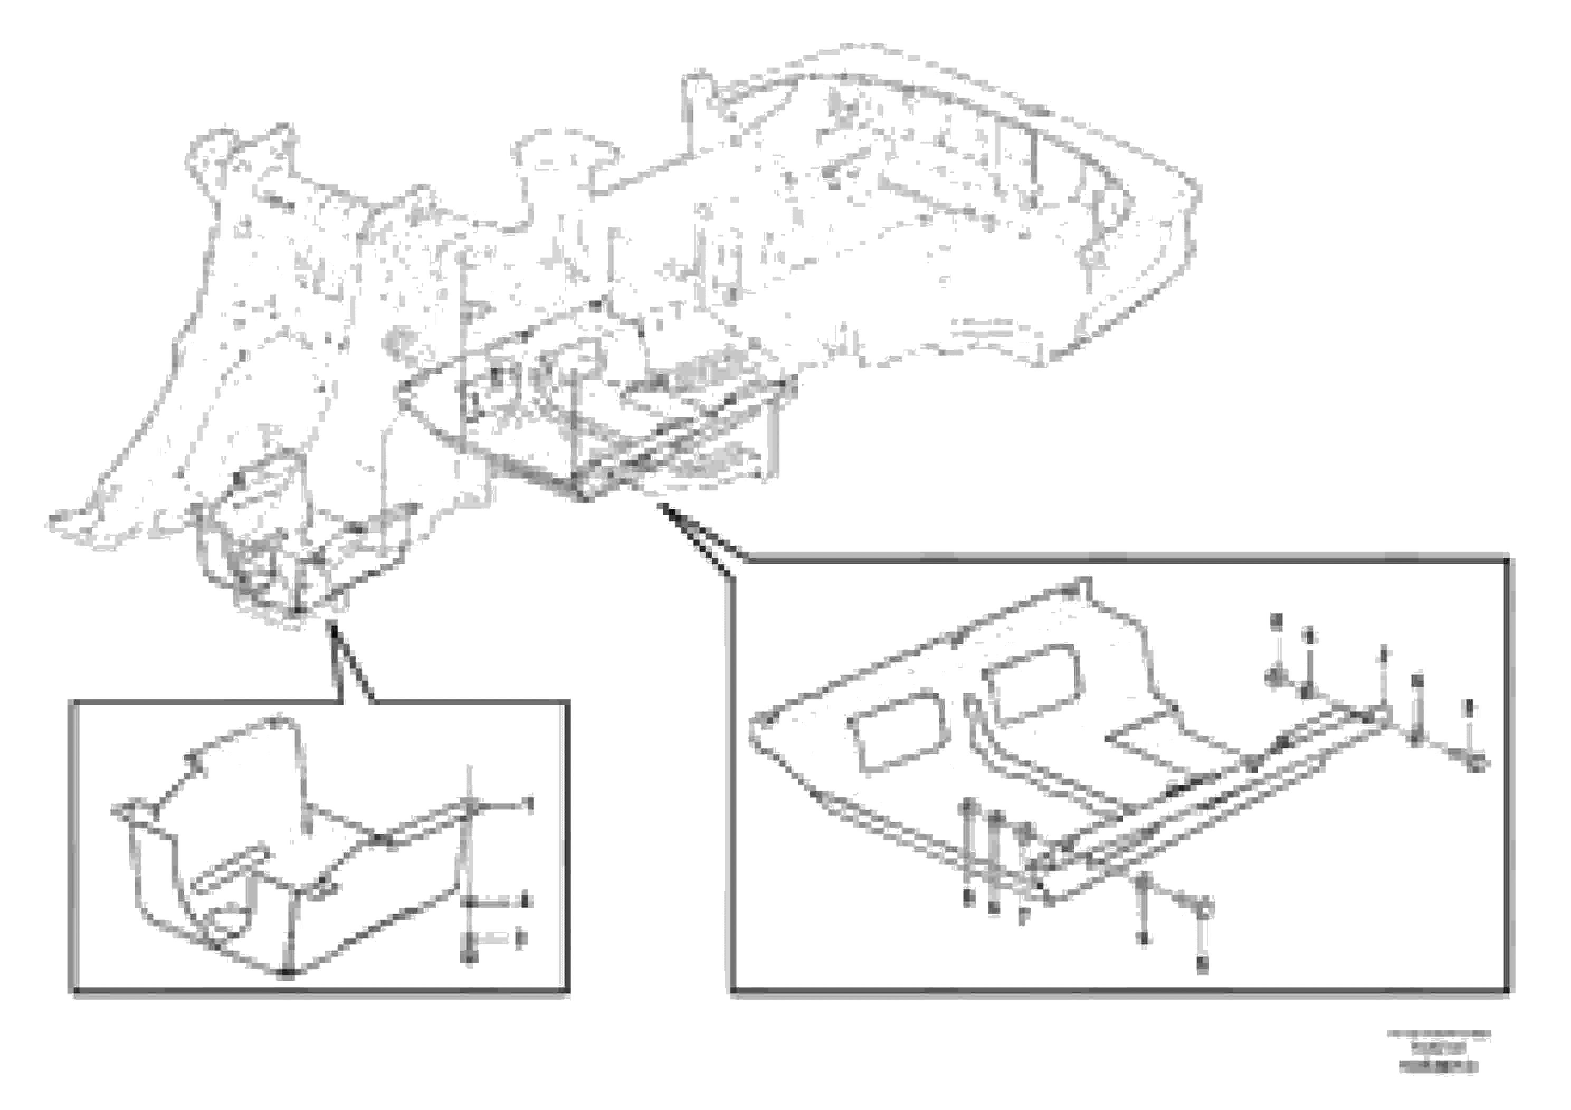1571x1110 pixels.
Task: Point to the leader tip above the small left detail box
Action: pos(331,624)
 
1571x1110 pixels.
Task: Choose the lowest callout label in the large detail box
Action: pos(1202,965)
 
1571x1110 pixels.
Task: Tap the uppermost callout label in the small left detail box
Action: pos(528,803)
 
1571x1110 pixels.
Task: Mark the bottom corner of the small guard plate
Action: pos(288,972)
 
